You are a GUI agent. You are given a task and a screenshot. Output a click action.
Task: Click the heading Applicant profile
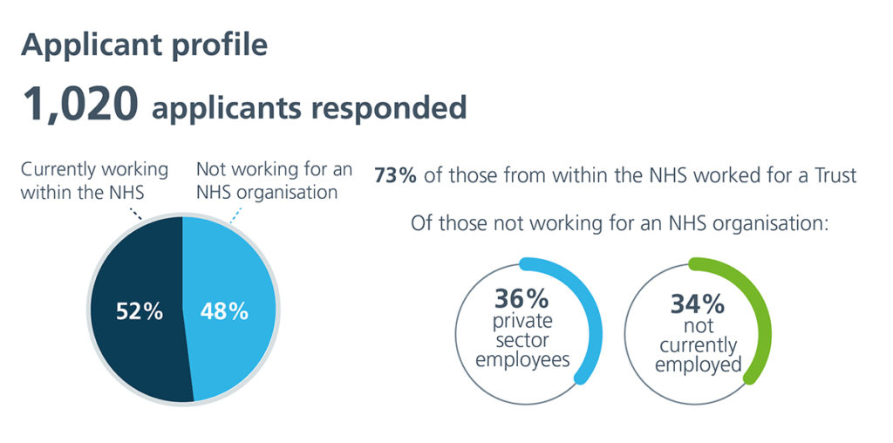(x=144, y=45)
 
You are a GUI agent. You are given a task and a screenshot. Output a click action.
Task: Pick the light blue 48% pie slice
(x=230, y=310)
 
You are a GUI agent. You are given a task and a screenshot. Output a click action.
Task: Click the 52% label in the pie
(x=140, y=312)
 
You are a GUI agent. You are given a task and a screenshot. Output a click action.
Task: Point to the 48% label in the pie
(x=224, y=312)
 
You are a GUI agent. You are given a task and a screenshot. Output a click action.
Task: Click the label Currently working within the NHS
(x=94, y=181)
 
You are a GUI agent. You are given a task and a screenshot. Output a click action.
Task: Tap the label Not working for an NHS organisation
(x=274, y=181)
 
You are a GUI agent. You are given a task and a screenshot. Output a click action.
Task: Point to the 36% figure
(x=521, y=297)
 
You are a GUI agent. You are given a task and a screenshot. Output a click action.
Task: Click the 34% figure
(x=697, y=304)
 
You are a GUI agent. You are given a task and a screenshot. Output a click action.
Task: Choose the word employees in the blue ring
(x=522, y=360)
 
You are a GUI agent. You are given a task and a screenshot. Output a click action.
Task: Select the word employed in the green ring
(x=699, y=365)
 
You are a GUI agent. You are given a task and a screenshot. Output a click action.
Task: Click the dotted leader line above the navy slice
(x=135, y=213)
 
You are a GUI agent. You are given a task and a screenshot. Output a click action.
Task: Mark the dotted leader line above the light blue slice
(x=235, y=215)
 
